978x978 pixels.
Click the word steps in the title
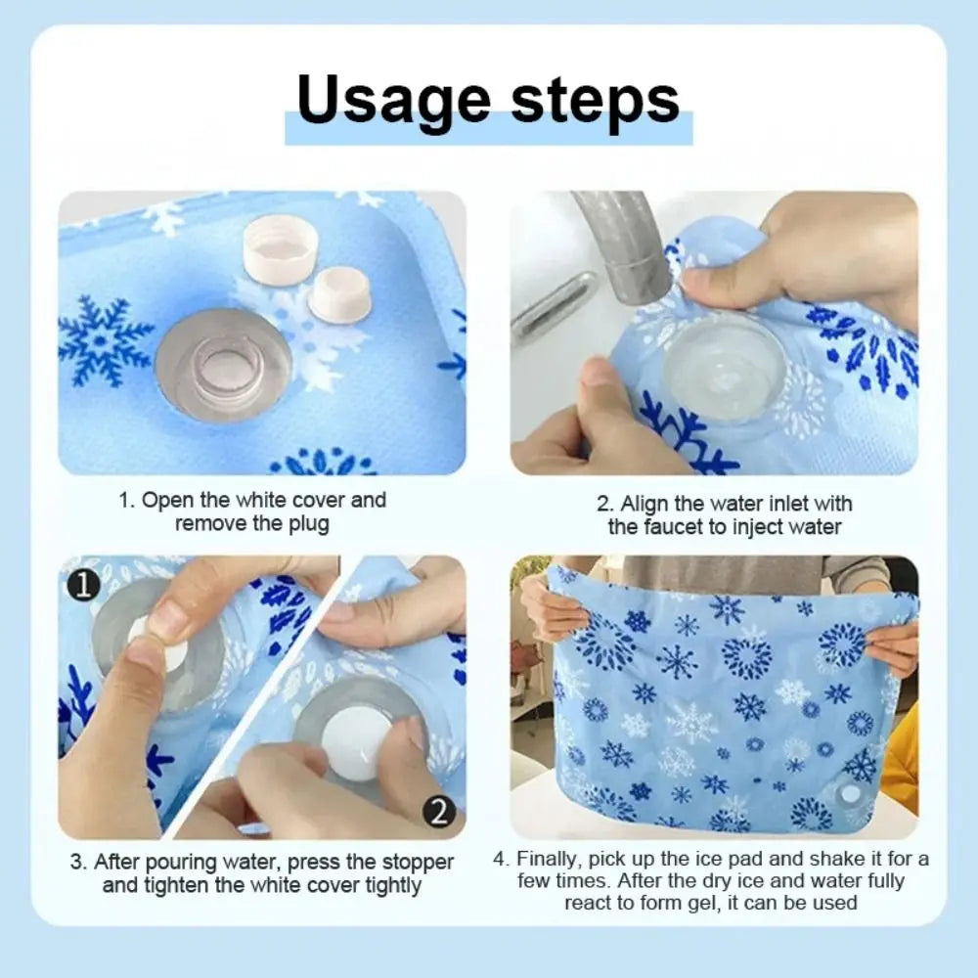pyautogui.click(x=597, y=101)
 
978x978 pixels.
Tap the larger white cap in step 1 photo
pyautogui.click(x=280, y=248)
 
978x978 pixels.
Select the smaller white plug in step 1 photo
pyautogui.click(x=339, y=293)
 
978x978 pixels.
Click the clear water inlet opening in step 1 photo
pyautogui.click(x=224, y=365)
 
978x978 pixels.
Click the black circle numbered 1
pyautogui.click(x=85, y=585)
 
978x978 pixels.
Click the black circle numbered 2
pyautogui.click(x=439, y=811)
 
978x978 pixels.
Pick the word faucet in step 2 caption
pyautogui.click(x=671, y=527)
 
